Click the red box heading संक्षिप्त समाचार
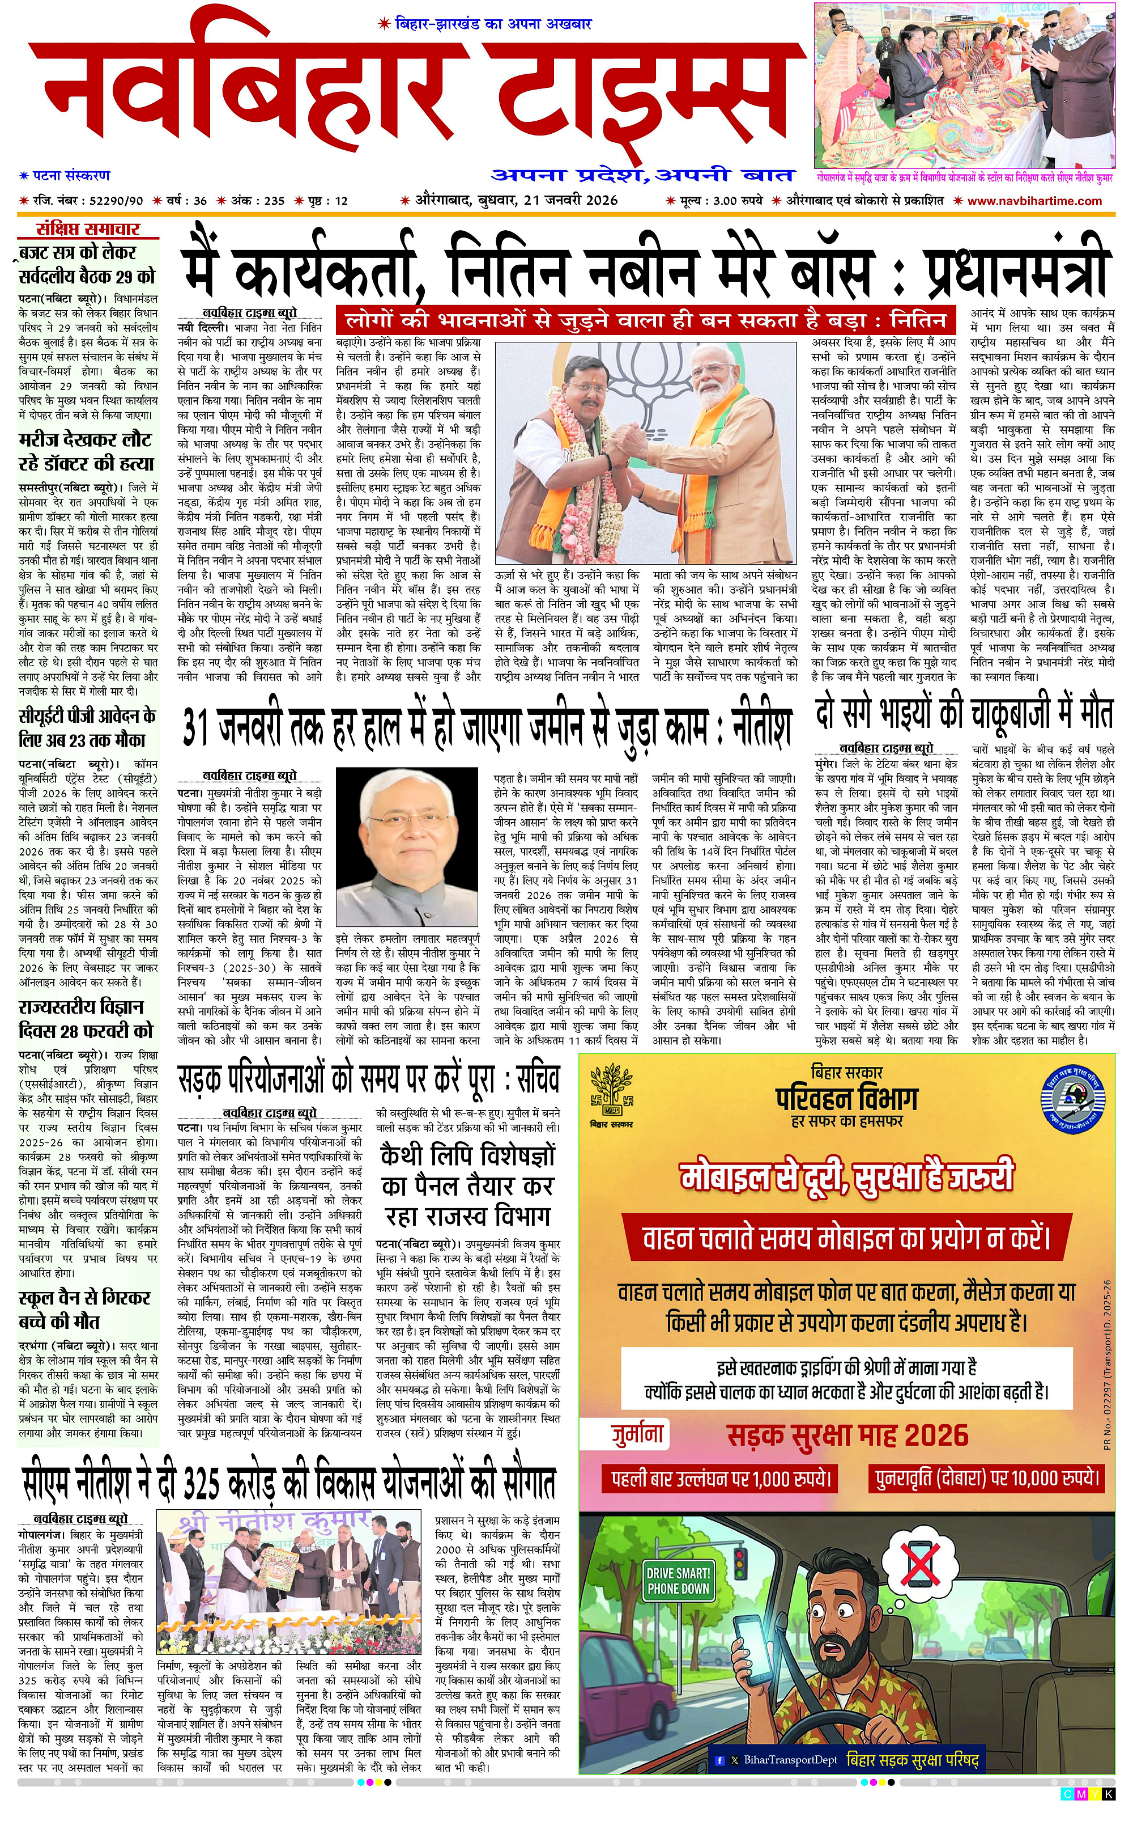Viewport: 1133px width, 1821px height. [88, 230]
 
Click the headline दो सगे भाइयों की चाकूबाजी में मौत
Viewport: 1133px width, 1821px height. [964, 714]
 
